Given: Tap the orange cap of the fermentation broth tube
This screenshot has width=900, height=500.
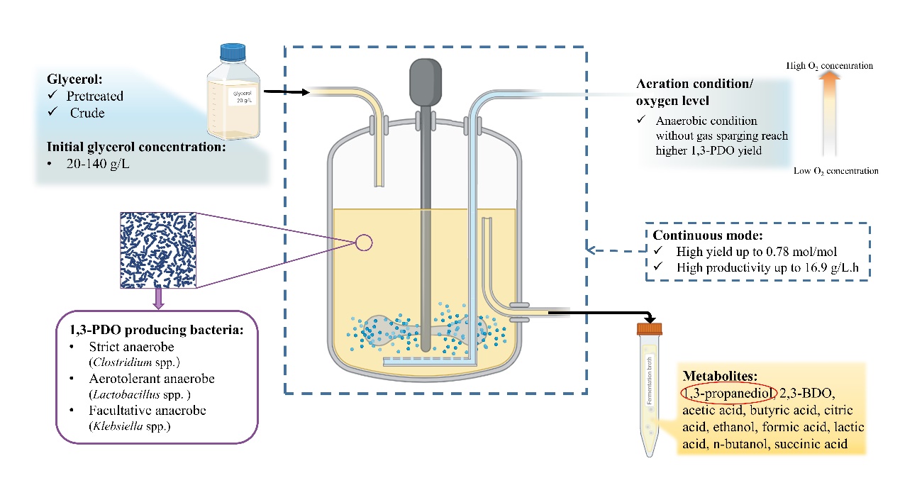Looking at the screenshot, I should [649, 328].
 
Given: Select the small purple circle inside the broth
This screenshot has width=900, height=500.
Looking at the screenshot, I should [363, 243].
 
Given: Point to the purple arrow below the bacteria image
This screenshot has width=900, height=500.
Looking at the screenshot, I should [158, 296].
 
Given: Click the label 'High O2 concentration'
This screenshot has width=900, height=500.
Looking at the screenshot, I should [829, 66].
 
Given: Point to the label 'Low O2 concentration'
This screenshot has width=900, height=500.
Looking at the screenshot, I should [835, 171].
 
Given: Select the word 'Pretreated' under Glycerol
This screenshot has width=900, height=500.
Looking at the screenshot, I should [94, 96].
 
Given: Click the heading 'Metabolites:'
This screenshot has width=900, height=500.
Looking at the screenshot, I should [716, 376].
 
